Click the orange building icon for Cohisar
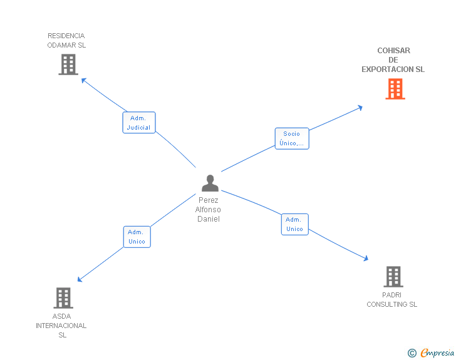click(x=395, y=89)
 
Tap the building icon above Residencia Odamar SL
click(x=68, y=64)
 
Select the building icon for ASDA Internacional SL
click(x=63, y=298)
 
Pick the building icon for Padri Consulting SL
click(x=393, y=276)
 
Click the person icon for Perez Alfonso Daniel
click(x=210, y=183)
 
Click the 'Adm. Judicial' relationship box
click(x=138, y=123)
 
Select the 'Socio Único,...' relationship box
click(x=292, y=138)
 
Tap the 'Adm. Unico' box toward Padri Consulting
click(x=294, y=224)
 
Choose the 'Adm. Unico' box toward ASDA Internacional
click(x=137, y=237)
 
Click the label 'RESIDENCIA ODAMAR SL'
click(x=66, y=41)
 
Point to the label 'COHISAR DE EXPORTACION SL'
click(x=393, y=60)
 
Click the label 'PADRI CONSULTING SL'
click(x=392, y=300)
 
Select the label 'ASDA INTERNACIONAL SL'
click(x=61, y=326)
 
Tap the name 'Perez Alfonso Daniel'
click(x=209, y=210)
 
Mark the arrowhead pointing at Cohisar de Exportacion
click(x=360, y=107)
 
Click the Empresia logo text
click(x=437, y=353)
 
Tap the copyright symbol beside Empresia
click(x=412, y=354)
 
